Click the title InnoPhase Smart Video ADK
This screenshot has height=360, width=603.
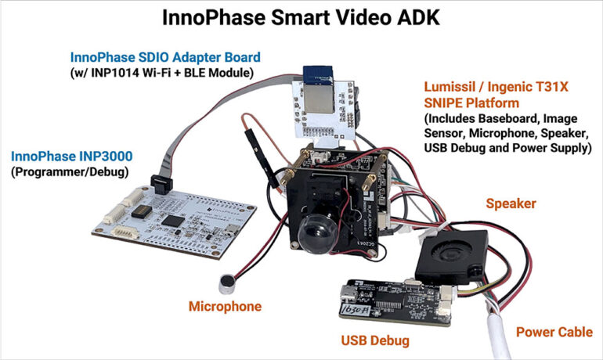(x=301, y=18)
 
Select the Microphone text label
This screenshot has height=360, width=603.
(x=225, y=306)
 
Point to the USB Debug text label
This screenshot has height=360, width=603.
(x=375, y=341)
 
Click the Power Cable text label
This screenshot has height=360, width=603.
(x=554, y=333)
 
